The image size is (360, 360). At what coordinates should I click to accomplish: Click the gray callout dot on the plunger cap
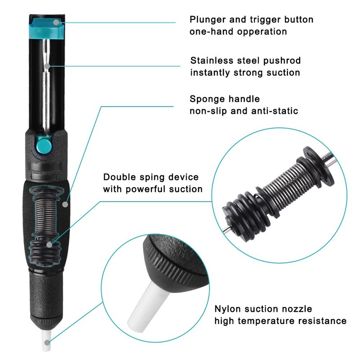click(x=56, y=22)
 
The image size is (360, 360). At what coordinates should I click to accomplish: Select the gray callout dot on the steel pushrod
click(x=47, y=66)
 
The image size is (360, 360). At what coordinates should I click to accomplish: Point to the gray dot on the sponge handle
click(x=65, y=204)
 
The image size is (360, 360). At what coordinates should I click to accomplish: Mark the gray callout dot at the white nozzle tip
click(x=47, y=343)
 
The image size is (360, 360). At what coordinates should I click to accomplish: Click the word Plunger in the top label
click(x=207, y=20)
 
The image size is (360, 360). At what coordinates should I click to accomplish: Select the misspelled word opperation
click(x=262, y=32)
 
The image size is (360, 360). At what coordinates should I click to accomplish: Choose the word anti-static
click(x=274, y=111)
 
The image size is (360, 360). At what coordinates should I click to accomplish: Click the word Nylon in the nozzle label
click(x=227, y=310)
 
